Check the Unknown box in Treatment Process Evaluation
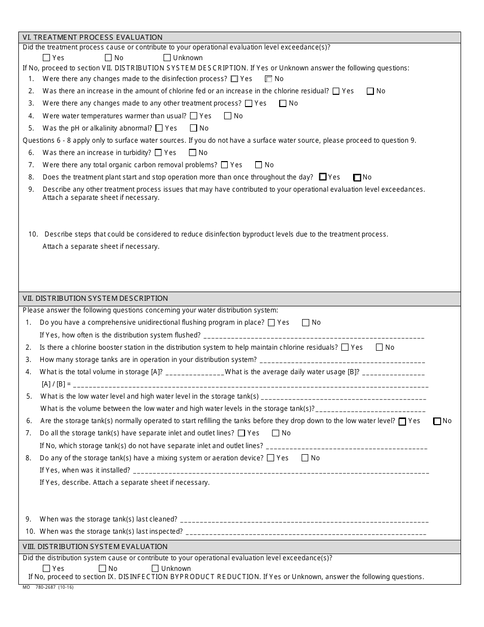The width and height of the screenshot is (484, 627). (167, 58)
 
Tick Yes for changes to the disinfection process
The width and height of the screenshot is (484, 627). (234, 79)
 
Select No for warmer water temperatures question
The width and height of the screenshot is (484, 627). (228, 116)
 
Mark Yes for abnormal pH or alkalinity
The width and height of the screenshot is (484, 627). (159, 128)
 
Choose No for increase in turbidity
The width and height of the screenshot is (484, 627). (193, 152)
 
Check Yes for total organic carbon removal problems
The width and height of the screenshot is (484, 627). (224, 165)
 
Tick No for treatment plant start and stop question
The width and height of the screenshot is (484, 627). (357, 178)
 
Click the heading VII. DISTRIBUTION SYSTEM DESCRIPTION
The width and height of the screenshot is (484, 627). (95, 298)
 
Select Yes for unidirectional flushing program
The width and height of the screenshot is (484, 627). (272, 323)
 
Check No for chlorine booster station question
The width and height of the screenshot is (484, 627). (379, 348)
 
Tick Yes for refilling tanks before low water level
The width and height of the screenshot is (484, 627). (402, 422)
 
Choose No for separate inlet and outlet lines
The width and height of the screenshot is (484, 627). (276, 433)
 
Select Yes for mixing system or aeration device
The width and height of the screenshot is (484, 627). (271, 458)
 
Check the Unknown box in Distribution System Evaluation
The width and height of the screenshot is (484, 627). (155, 568)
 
